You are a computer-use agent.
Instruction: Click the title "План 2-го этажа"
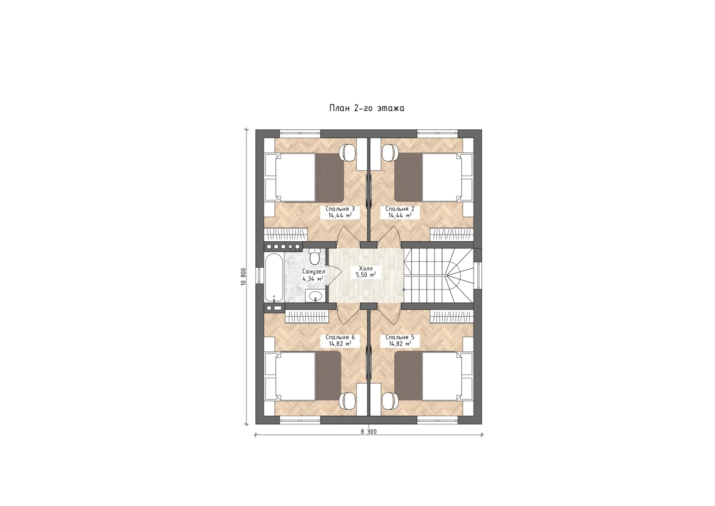click(367, 108)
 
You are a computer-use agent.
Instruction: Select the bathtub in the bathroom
click(273, 278)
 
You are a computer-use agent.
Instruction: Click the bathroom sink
click(316, 296)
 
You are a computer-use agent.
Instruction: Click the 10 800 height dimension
click(244, 276)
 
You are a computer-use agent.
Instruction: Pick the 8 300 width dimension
click(369, 432)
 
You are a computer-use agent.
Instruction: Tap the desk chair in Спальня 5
click(391, 401)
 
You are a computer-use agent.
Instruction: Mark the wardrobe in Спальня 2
click(451, 235)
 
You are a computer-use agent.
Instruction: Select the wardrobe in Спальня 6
click(306, 316)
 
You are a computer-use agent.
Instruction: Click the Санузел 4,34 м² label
click(313, 275)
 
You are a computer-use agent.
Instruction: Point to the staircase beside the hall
click(438, 275)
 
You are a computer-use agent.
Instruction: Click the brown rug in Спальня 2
click(409, 177)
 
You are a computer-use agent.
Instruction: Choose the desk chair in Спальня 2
click(391, 153)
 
